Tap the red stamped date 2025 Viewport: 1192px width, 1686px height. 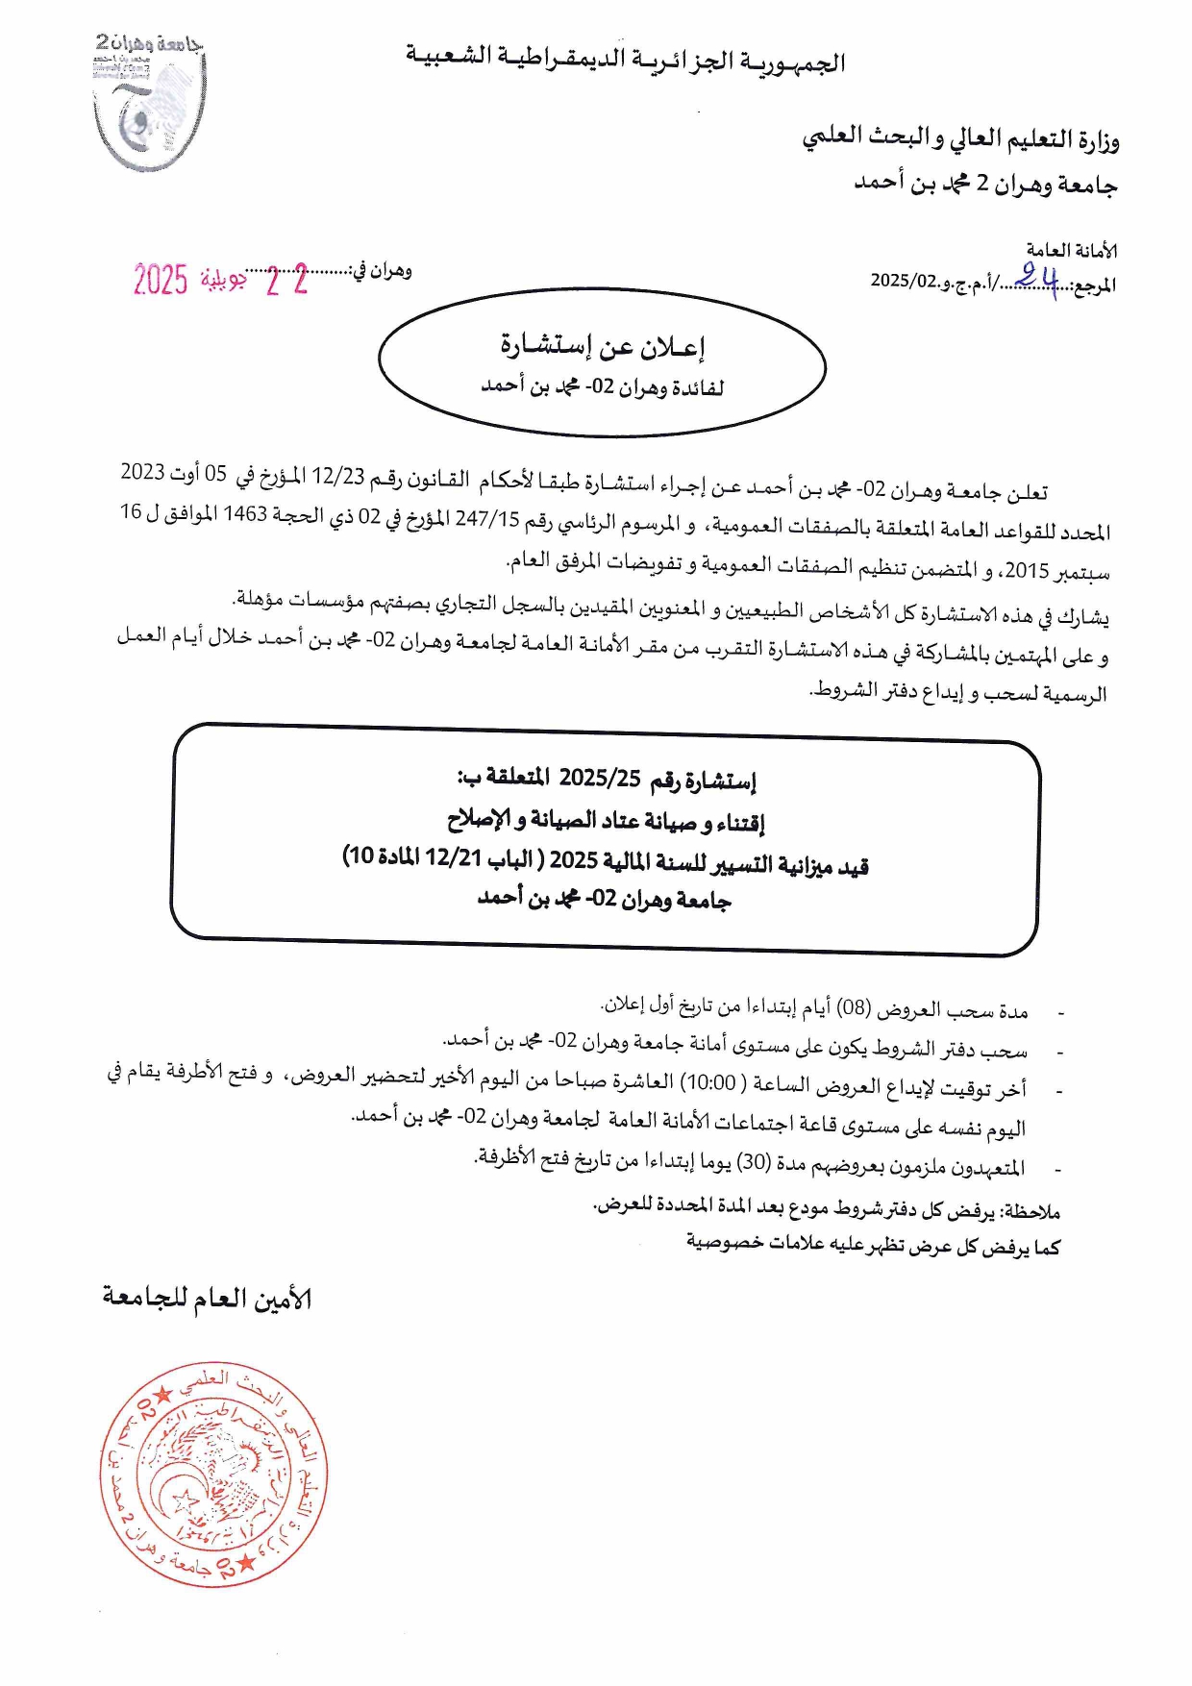(x=161, y=280)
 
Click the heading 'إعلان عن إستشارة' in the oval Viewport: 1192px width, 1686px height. (x=603, y=346)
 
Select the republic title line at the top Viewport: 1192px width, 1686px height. (x=625, y=61)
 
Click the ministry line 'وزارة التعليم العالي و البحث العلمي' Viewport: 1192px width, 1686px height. (x=960, y=139)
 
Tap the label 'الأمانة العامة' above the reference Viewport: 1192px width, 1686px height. (x=1071, y=251)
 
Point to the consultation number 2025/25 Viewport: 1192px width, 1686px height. (x=600, y=778)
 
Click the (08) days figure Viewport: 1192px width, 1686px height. (x=853, y=1008)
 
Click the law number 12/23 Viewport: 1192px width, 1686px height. (x=338, y=476)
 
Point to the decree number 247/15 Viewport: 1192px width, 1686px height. (x=486, y=519)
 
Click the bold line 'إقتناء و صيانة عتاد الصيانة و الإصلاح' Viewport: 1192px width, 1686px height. (x=606, y=821)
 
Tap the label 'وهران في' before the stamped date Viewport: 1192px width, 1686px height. (x=382, y=271)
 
